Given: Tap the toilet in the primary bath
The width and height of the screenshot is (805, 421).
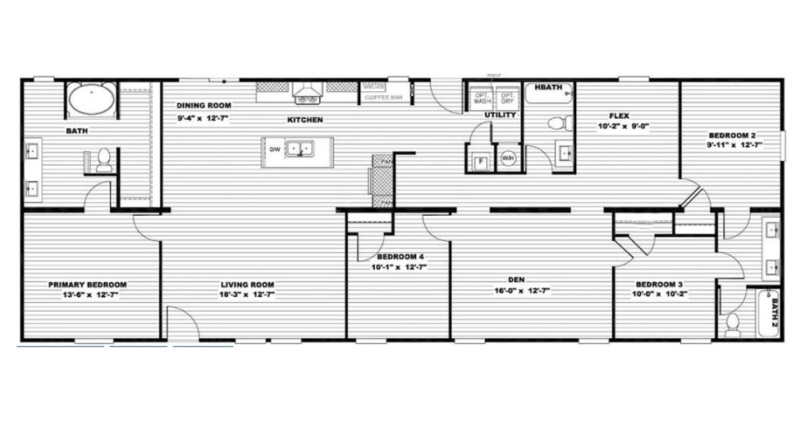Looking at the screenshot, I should [x=103, y=159].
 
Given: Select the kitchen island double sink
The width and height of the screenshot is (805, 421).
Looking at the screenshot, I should [x=299, y=148].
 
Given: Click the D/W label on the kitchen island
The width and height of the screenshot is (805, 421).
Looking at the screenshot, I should [x=274, y=148].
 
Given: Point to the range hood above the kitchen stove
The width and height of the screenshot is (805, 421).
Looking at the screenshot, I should [x=306, y=96].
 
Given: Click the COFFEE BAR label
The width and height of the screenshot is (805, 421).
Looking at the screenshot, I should [x=386, y=98].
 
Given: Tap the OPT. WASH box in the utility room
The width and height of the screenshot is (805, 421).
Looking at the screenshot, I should [x=481, y=99].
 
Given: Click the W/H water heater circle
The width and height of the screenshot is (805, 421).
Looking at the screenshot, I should [x=508, y=156].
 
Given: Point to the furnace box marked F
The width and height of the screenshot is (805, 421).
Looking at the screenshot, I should [x=479, y=163].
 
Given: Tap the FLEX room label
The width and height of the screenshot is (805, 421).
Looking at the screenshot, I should [x=619, y=115].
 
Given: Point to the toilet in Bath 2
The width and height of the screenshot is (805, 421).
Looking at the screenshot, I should [x=733, y=323].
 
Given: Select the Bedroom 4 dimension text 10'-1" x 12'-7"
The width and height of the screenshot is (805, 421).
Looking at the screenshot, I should [x=400, y=267].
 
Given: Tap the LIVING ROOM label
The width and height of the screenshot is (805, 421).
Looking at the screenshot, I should [x=247, y=284].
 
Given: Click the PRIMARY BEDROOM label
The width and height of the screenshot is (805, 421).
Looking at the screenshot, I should [x=87, y=284].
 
